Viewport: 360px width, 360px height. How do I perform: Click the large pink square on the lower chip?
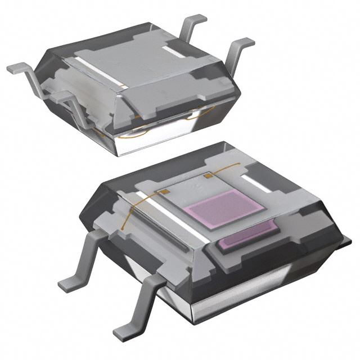(x=226, y=208)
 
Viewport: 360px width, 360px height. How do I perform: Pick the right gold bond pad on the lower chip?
(x=208, y=176)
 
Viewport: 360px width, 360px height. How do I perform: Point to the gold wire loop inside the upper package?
(x=135, y=135)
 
